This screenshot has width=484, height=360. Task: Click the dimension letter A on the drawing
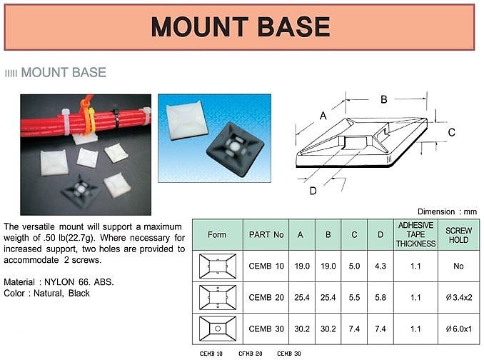click(323, 116)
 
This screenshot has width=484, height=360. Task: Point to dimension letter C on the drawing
click(451, 132)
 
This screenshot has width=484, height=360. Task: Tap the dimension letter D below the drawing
click(313, 191)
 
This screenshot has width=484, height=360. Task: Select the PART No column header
click(266, 235)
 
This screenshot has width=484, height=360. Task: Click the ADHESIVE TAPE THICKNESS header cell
click(415, 234)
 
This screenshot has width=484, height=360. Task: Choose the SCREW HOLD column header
click(459, 235)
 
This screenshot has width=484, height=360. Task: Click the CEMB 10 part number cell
click(266, 266)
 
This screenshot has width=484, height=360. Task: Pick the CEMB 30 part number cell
click(266, 329)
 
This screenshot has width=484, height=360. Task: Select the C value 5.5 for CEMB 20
click(354, 297)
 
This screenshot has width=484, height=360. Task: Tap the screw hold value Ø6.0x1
click(459, 329)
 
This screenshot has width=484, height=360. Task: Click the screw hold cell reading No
click(459, 266)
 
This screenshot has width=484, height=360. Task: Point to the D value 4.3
click(380, 266)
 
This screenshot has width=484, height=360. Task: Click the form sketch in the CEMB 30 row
click(218, 329)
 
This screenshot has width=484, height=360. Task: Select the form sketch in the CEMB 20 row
click(218, 297)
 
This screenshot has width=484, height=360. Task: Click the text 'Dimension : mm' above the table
click(447, 212)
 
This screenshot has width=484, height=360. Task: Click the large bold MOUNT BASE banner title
click(241, 27)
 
